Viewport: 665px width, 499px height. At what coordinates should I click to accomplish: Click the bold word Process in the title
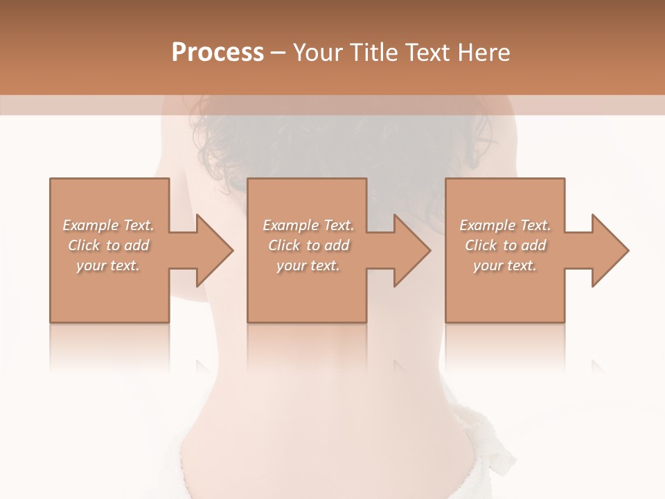(x=218, y=53)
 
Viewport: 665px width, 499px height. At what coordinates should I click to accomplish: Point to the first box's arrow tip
(x=231, y=250)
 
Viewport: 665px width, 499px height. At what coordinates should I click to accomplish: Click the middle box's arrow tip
(x=429, y=250)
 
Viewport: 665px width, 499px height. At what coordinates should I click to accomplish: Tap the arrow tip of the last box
(x=627, y=250)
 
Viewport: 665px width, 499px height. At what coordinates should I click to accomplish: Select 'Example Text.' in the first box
(x=109, y=225)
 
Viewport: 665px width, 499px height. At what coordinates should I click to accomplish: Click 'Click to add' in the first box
(x=109, y=245)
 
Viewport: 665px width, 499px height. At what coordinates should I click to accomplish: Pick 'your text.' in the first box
(x=109, y=265)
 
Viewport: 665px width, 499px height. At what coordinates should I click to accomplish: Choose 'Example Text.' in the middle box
(x=308, y=225)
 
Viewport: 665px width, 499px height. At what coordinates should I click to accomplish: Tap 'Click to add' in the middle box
(x=308, y=245)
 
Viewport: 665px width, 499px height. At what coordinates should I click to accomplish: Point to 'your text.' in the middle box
(x=308, y=265)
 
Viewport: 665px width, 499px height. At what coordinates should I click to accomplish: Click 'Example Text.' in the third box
(x=505, y=225)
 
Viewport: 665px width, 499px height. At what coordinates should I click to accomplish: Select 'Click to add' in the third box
(x=505, y=245)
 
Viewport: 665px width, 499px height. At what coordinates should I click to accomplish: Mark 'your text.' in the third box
(x=505, y=265)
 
